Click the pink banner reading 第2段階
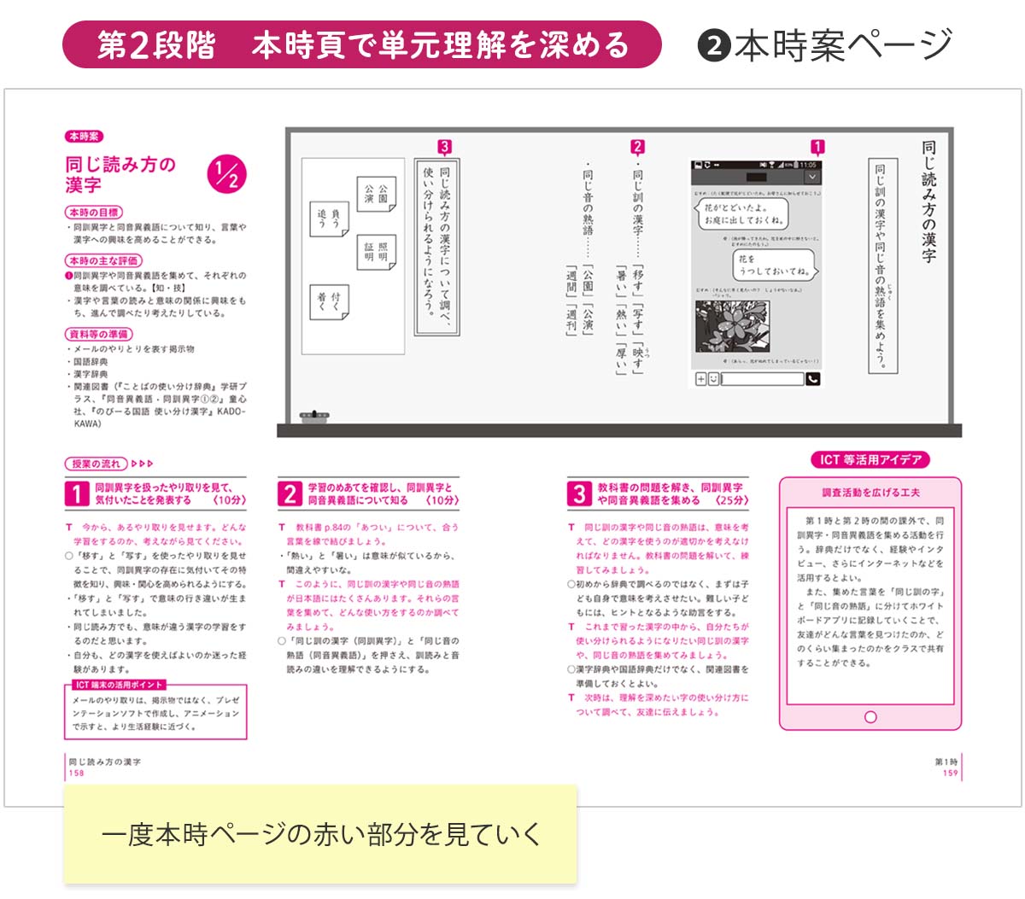tap(361, 44)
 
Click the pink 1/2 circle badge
tap(226, 175)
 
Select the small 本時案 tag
tap(84, 137)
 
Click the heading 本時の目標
tap(94, 212)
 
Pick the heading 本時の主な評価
tap(103, 260)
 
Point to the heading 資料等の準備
tap(98, 334)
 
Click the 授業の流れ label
tap(96, 464)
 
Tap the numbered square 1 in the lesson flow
tap(77, 493)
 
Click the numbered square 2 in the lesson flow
tap(290, 493)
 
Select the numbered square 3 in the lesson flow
tap(579, 493)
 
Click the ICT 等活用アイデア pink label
tap(870, 459)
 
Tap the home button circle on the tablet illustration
tap(870, 717)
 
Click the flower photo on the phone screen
tap(734, 324)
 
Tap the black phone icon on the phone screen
tap(812, 379)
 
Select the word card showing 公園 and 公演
tap(376, 194)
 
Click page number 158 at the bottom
tap(77, 773)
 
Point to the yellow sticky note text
tap(320, 834)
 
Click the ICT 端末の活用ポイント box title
tap(118, 685)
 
